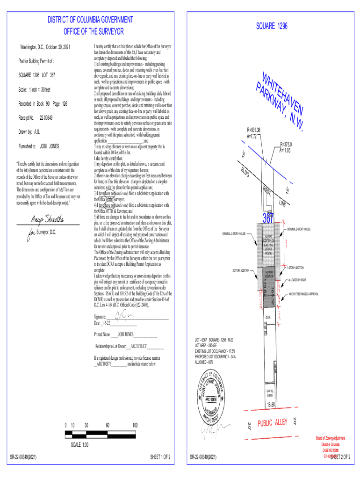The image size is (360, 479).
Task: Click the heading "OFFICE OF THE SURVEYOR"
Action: point(94,31)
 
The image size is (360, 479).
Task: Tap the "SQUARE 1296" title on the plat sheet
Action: point(272,26)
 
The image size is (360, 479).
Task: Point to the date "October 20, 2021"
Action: point(57,48)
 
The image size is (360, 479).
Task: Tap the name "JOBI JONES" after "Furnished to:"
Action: point(50,146)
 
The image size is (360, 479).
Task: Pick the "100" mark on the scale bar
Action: point(135,425)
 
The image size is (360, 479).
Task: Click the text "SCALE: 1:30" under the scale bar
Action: point(80,445)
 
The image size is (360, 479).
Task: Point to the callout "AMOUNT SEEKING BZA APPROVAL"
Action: point(304,294)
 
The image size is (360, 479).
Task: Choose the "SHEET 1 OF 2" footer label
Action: point(160,456)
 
